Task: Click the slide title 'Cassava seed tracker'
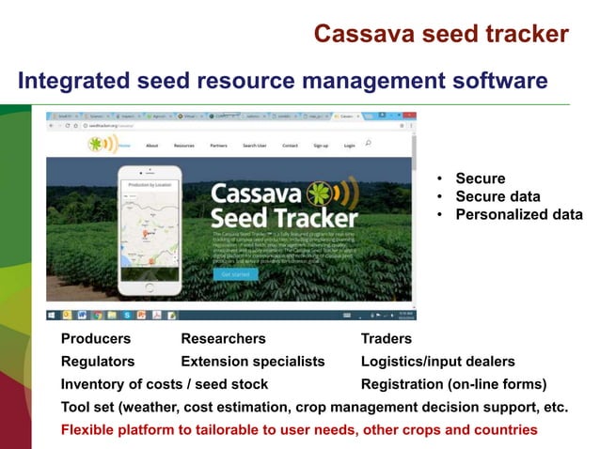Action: point(440,34)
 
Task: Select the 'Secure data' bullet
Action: point(497,196)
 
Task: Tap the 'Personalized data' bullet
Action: point(518,214)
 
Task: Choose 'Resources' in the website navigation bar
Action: point(183,146)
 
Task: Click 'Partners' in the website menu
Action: point(218,146)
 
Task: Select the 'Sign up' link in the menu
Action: point(321,146)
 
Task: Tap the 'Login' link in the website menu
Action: point(349,146)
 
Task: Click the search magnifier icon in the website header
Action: point(368,144)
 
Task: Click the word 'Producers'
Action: point(96,338)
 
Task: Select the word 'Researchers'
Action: point(223,338)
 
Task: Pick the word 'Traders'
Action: point(387,338)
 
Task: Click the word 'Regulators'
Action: point(98,361)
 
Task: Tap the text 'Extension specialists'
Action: point(252,361)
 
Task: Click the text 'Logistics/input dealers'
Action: point(437,361)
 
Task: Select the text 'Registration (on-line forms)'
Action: point(453,384)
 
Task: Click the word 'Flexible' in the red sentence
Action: point(88,429)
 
